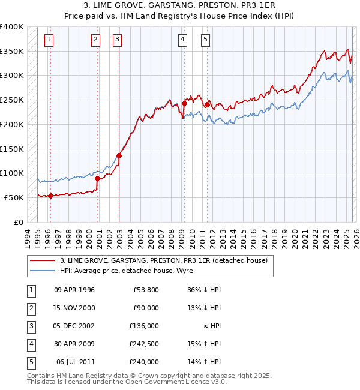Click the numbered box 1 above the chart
coord(49,40)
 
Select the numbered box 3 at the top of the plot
coord(117,40)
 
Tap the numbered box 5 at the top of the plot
coord(205,40)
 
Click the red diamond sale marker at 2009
coord(184,103)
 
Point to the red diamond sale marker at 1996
coord(50,196)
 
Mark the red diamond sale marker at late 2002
coord(119,155)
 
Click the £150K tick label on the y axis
coord(12,148)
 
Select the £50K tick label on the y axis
coord(14,197)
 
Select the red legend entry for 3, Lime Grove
coord(167,260)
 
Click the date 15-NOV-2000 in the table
coord(74,308)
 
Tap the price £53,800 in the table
coord(146,290)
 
